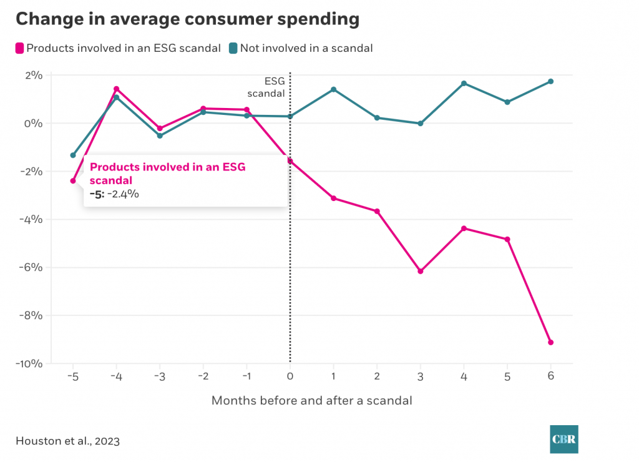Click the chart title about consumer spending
coord(187,19)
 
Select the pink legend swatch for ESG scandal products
coord(20,48)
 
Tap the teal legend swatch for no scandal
coord(233,48)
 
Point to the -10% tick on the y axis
coord(29,364)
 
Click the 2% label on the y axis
coord(33,76)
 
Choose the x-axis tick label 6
coord(550,376)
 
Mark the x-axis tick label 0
coord(290,376)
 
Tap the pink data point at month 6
coord(550,342)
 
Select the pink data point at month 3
coord(420,271)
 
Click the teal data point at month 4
coord(464,83)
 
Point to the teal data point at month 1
coord(333,89)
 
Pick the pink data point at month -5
coord(73,181)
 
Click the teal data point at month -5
coord(73,155)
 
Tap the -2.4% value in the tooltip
coord(122,194)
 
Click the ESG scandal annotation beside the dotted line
coord(266,87)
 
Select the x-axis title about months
coord(311,401)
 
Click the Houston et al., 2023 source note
coord(67,441)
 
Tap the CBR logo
coord(563,439)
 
